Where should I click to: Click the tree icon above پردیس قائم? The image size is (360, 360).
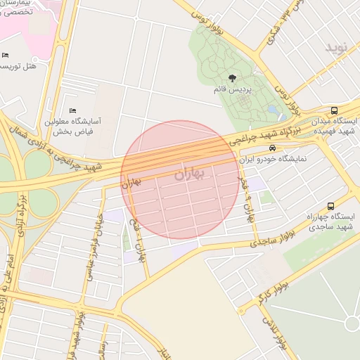click(x=232, y=78)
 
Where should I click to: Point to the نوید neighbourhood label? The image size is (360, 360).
click(x=336, y=48)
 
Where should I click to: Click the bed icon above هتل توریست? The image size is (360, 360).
click(x=6, y=56)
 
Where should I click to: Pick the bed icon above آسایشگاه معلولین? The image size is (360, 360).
click(x=72, y=110)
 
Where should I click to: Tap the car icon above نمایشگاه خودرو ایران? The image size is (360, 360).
click(x=271, y=148)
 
